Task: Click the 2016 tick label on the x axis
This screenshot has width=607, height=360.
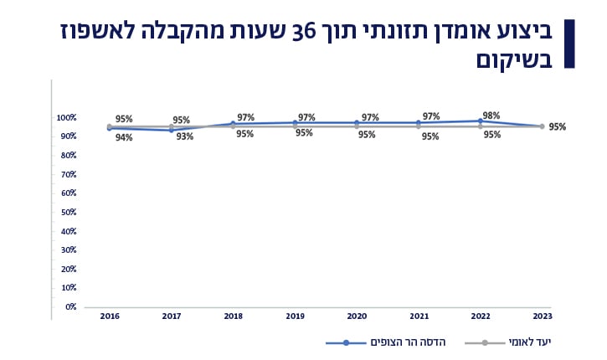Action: coord(110,316)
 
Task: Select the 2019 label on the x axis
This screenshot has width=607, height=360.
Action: coord(295,316)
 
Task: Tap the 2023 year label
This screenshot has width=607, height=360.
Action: coord(542,316)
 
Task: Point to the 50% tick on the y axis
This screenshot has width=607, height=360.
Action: coord(68,212)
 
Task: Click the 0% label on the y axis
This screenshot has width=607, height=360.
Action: coord(70,307)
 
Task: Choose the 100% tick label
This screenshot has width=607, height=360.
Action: coord(66,117)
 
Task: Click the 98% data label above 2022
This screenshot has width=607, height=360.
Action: coord(491,116)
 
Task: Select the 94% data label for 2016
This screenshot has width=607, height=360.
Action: coord(124,137)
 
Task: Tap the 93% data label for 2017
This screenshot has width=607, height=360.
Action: coord(185,136)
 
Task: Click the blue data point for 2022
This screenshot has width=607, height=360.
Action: coord(480,121)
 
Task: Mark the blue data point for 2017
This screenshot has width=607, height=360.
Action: coord(172,130)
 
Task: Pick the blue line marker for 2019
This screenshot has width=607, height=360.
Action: coord(295,123)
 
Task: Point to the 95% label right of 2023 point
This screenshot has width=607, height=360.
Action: coord(558,127)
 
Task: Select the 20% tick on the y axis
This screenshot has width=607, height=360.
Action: coord(68,269)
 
